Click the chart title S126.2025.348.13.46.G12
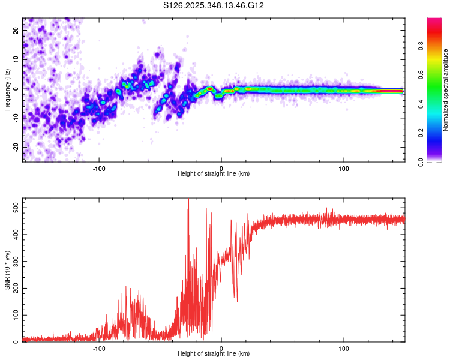pos(214,5)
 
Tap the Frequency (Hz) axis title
pos(7,90)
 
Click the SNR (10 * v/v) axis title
pos(7,270)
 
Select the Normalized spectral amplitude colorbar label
pos(446,90)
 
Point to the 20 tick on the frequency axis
pos(16,30)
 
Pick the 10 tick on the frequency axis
pos(16,59)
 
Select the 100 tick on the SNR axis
pos(14,315)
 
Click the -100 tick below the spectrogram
pos(99,167)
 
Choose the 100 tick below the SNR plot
pos(344,348)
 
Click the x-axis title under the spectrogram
pos(214,174)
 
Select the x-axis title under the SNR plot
pos(214,355)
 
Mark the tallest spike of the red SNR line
pos(188,200)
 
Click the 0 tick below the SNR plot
pos(221,348)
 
